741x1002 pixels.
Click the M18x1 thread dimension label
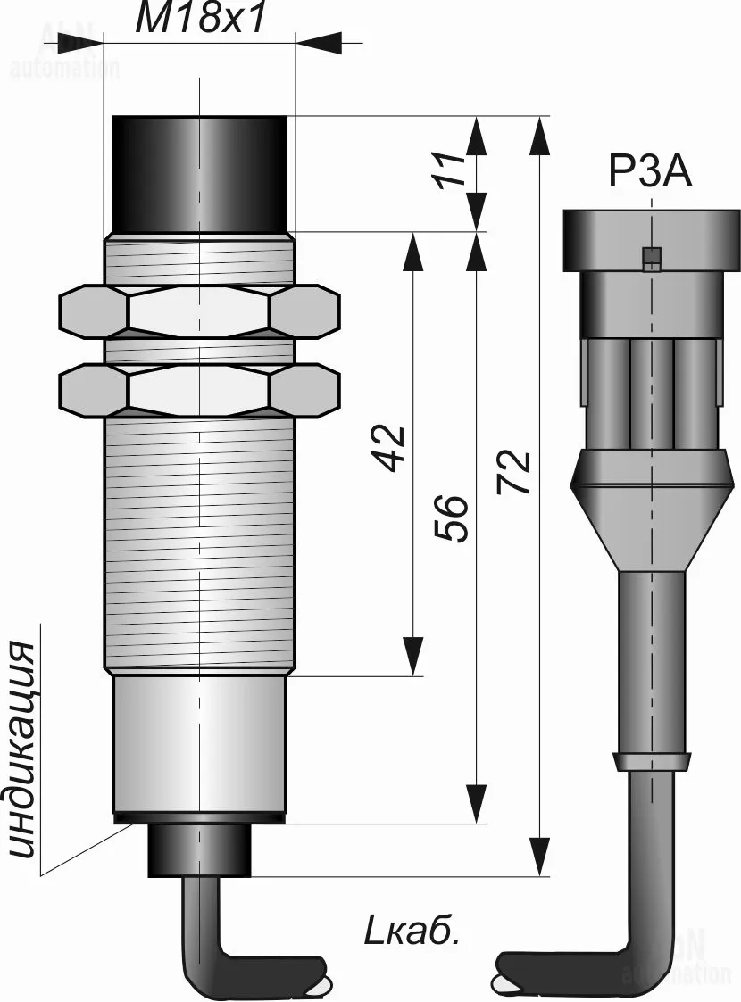[x=200, y=19]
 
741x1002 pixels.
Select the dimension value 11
[x=455, y=169]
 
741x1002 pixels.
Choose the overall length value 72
[x=515, y=472]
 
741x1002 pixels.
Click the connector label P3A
[x=650, y=172]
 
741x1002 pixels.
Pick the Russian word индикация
[x=26, y=749]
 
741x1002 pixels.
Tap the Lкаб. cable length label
[x=412, y=932]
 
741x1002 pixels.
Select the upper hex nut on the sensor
[x=199, y=311]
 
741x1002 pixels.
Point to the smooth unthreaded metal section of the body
[x=199, y=745]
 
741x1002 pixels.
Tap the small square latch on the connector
[x=652, y=258]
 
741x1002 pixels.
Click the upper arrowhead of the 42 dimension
[x=412, y=252]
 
